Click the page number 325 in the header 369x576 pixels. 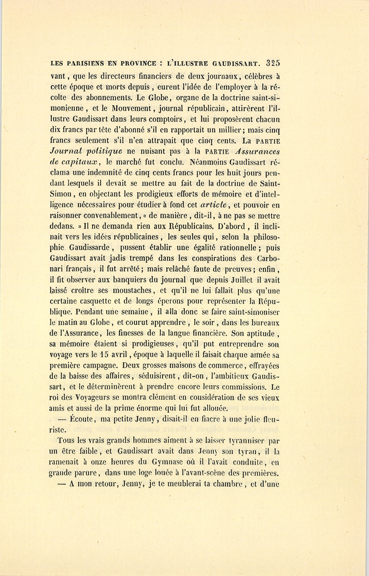tap(273, 63)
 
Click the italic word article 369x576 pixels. tap(214, 204)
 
